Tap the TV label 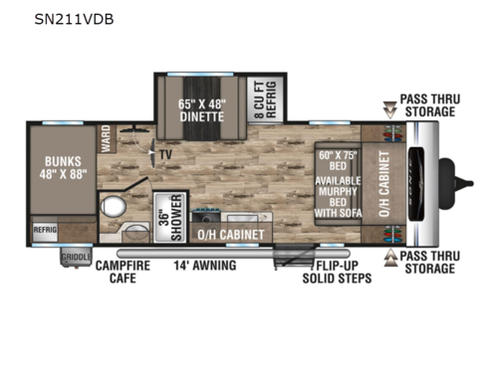tap(165, 155)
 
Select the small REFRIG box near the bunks tap(45, 229)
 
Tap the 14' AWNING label tap(205, 265)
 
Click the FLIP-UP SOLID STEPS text tap(337, 272)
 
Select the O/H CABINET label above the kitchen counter tap(231, 235)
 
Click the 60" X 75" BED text tap(337, 161)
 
